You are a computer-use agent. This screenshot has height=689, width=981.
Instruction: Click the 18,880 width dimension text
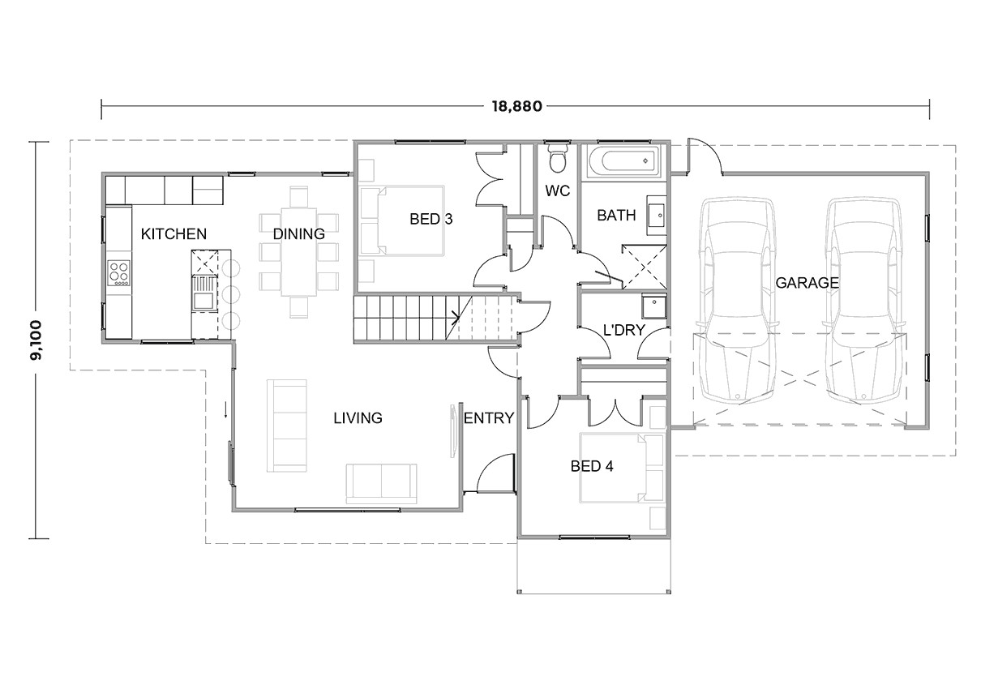tap(515, 105)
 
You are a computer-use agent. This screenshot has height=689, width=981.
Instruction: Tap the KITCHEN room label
tap(173, 234)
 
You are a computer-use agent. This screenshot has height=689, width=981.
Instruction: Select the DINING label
tap(298, 234)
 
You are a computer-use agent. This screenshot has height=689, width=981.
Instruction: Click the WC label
tap(558, 192)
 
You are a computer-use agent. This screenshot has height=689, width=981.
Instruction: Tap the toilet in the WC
tap(557, 160)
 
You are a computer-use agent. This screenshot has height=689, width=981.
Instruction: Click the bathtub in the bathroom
tap(623, 162)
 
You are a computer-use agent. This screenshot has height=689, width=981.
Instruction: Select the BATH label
tap(616, 216)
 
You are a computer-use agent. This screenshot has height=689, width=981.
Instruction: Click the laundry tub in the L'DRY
tap(653, 307)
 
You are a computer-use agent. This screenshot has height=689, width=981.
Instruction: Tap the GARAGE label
tap(807, 283)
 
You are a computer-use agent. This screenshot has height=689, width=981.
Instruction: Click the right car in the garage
tap(863, 300)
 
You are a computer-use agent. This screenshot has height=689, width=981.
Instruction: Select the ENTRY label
tap(489, 418)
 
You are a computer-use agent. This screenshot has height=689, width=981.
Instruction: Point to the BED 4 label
tap(591, 466)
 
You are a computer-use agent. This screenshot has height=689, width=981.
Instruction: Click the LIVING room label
tap(358, 418)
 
